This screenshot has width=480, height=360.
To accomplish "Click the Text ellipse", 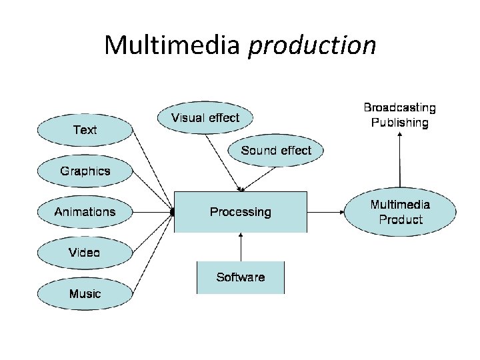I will tap(84, 129).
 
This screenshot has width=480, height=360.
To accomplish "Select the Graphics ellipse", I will tap(85, 171).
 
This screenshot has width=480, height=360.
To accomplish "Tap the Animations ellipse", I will tap(85, 212).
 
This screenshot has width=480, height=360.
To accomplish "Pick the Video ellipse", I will tap(85, 253).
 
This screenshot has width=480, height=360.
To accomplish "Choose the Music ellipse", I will tap(85, 293).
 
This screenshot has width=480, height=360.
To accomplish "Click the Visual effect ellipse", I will tap(205, 118).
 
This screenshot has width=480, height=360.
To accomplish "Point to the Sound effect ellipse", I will tap(276, 151).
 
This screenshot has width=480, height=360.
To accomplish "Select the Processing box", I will tap(241, 212).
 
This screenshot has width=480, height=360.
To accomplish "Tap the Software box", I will tap(240, 277).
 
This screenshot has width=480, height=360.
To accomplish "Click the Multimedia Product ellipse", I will tap(400, 212).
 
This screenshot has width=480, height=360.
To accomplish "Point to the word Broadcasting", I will tap(399, 107).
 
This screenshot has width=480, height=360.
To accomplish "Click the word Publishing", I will tap(399, 122).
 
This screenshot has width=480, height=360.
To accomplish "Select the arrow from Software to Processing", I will tap(241, 247).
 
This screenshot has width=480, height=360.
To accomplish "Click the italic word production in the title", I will tap(312, 45).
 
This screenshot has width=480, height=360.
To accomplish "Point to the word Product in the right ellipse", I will tap(401, 220).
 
